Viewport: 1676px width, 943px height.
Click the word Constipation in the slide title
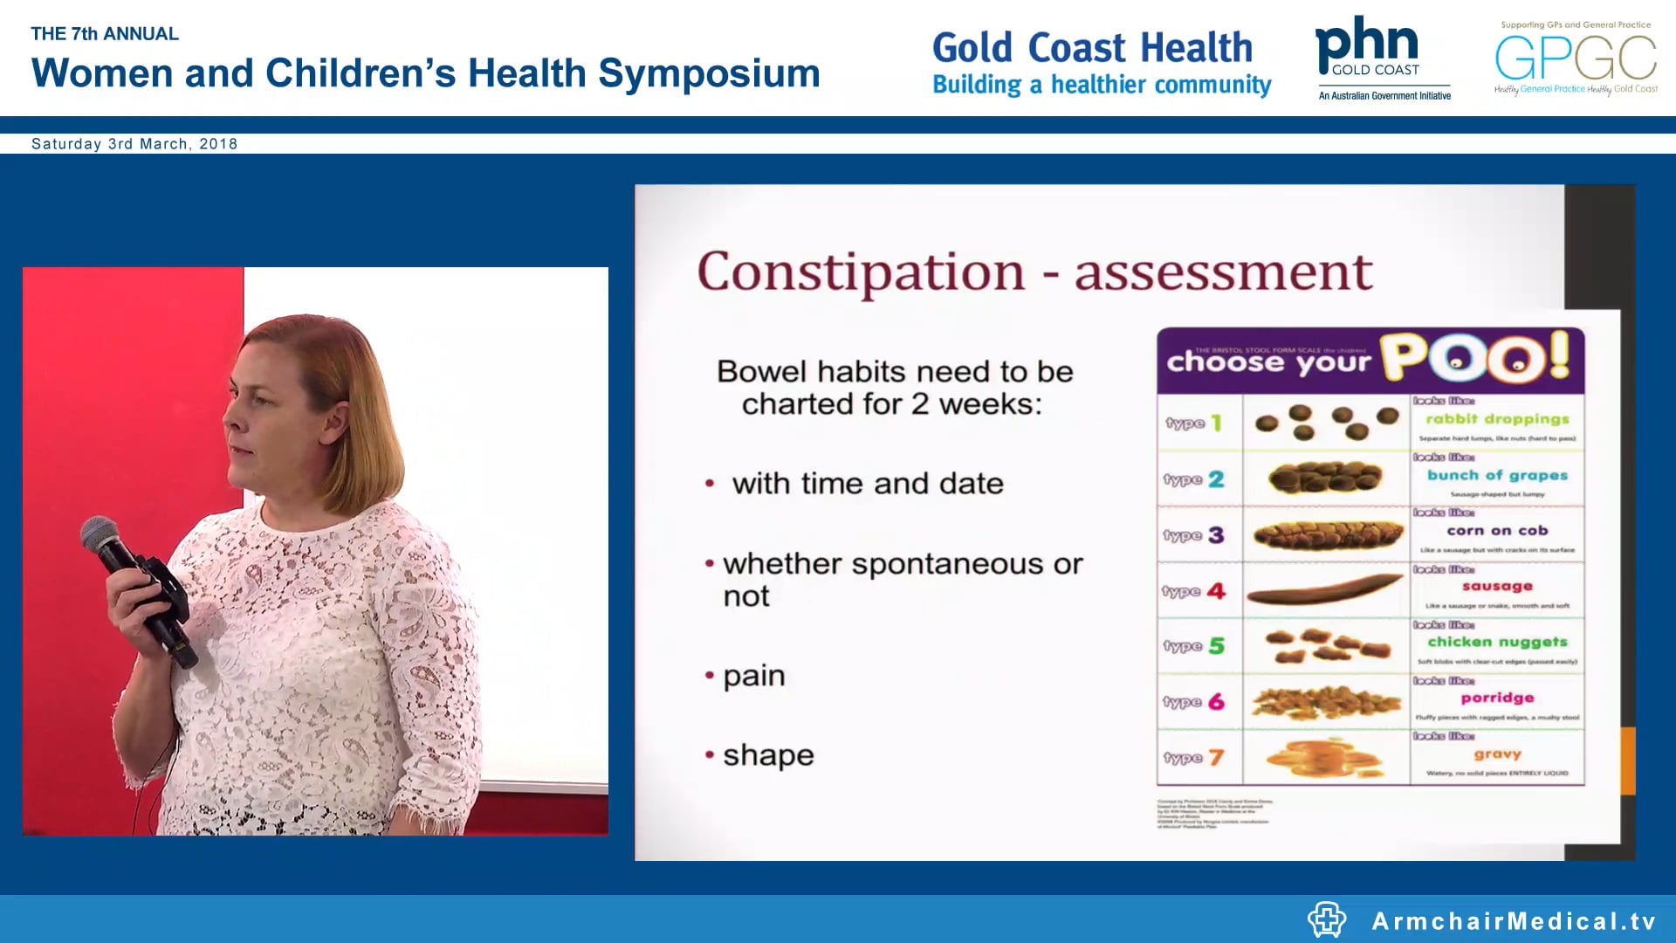coord(861,272)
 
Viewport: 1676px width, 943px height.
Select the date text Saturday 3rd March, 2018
coord(134,144)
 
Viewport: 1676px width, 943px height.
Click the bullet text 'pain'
coord(754,676)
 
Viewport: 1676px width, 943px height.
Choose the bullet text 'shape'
coord(768,755)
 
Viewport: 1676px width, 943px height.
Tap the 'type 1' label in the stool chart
coord(1193,423)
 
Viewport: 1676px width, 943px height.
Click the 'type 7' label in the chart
coord(1193,758)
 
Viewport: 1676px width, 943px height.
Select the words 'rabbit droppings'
coord(1497,419)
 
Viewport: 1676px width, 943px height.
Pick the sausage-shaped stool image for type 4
coord(1325,591)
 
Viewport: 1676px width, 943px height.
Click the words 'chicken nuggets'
coord(1497,642)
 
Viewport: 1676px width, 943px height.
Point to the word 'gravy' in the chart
coord(1497,754)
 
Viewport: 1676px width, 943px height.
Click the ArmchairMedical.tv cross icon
coord(1327,919)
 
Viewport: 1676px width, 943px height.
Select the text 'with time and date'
coord(868,484)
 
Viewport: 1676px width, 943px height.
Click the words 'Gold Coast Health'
coord(1092,47)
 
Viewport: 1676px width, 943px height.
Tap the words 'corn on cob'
coord(1497,531)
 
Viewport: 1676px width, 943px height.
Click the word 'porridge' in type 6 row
coord(1497,698)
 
